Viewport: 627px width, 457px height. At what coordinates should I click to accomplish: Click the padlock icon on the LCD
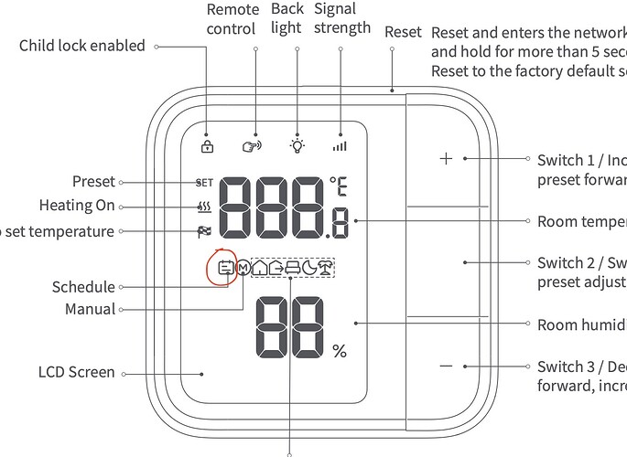[x=207, y=145]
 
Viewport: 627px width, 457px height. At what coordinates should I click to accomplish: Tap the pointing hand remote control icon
[x=251, y=145]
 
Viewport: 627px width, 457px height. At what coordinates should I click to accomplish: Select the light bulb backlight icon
[x=297, y=144]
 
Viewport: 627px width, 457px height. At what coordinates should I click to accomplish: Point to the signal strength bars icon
[x=341, y=144]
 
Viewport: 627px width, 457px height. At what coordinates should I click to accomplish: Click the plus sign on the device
[x=446, y=158]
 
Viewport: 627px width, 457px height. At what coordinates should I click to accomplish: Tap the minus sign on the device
[x=446, y=366]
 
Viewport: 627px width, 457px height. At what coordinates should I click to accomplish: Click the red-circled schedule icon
[x=223, y=268]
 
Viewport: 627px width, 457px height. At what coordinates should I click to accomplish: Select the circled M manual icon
[x=243, y=268]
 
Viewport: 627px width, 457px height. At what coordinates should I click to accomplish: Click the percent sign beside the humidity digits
[x=340, y=350]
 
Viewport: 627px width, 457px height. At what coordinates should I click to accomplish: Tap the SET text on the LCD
[x=203, y=182]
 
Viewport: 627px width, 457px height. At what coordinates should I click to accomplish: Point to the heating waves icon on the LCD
[x=203, y=207]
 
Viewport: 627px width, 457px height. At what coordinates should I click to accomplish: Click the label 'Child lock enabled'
[x=82, y=45]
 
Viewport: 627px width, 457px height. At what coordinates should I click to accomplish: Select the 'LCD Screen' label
[x=77, y=372]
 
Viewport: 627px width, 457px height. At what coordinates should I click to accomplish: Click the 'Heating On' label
[x=77, y=206]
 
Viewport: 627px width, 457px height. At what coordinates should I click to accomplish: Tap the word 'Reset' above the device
[x=403, y=32]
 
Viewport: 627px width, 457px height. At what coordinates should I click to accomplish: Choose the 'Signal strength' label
[x=341, y=18]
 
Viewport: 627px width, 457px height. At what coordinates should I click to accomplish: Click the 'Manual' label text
[x=90, y=309]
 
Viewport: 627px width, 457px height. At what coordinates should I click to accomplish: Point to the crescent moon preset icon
[x=308, y=268]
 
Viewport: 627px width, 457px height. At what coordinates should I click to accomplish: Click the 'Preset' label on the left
[x=93, y=181]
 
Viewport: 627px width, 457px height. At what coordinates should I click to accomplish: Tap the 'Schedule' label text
[x=83, y=287]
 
